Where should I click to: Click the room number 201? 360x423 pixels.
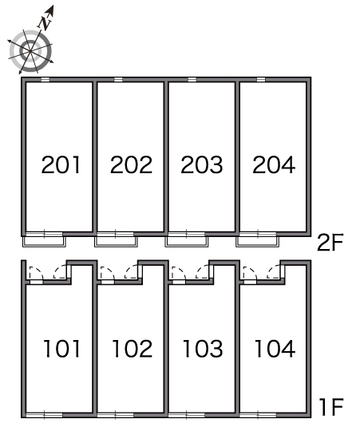pyautogui.click(x=61, y=164)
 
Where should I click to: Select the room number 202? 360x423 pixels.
pyautogui.click(x=131, y=164)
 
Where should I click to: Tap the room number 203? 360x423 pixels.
pyautogui.click(x=202, y=164)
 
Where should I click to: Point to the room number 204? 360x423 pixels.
pyautogui.click(x=274, y=164)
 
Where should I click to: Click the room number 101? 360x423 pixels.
pyautogui.click(x=61, y=349)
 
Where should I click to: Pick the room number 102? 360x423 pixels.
pyautogui.click(x=132, y=349)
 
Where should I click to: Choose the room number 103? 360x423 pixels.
pyautogui.click(x=203, y=349)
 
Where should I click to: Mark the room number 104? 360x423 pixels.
pyautogui.click(x=275, y=349)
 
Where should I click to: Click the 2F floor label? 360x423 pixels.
pyautogui.click(x=330, y=243)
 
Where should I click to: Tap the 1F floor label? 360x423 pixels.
pyautogui.click(x=330, y=407)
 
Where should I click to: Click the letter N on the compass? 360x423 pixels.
pyautogui.click(x=45, y=23)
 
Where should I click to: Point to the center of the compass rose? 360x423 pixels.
pyautogui.click(x=30, y=51)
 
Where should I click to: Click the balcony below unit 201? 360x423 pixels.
pyautogui.click(x=44, y=242)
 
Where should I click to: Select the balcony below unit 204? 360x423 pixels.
pyautogui.click(x=258, y=242)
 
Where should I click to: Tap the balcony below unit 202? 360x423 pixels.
pyautogui.click(x=116, y=242)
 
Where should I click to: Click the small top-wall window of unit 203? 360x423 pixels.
pyautogui.click(x=192, y=79)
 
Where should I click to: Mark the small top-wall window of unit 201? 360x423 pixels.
pyautogui.click(x=45, y=79)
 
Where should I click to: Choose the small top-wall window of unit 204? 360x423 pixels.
pyautogui.click(x=261, y=79)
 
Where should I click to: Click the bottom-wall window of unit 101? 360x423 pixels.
pyautogui.click(x=44, y=416)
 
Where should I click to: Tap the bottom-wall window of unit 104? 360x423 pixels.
pyautogui.click(x=258, y=416)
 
